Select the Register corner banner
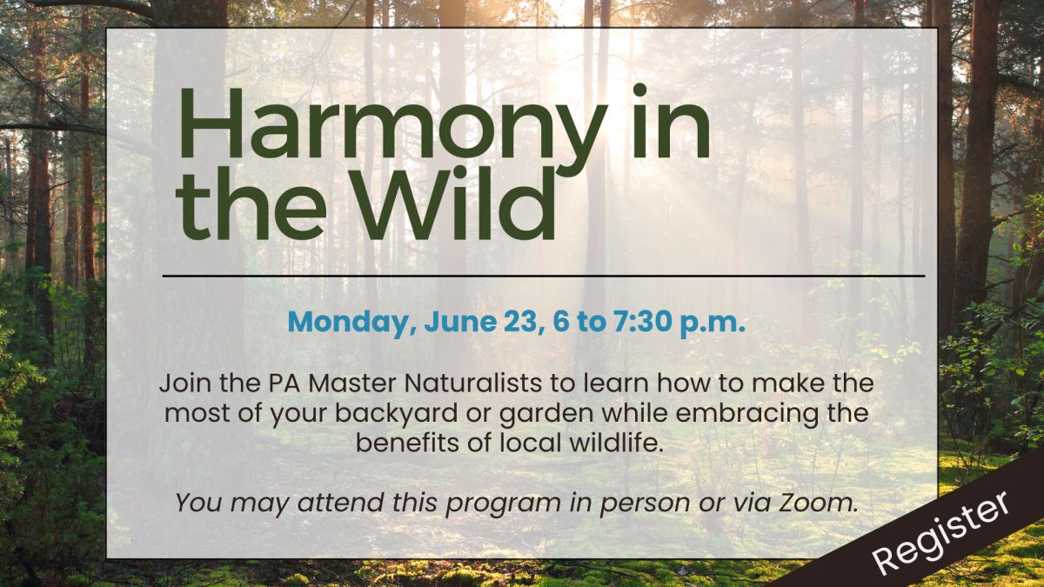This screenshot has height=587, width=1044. click(944, 530)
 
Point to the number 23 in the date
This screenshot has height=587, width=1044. click(514, 323)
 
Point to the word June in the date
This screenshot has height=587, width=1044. click(454, 323)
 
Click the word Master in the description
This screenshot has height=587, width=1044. click(323, 384)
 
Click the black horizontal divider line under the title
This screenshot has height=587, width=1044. click(544, 276)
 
